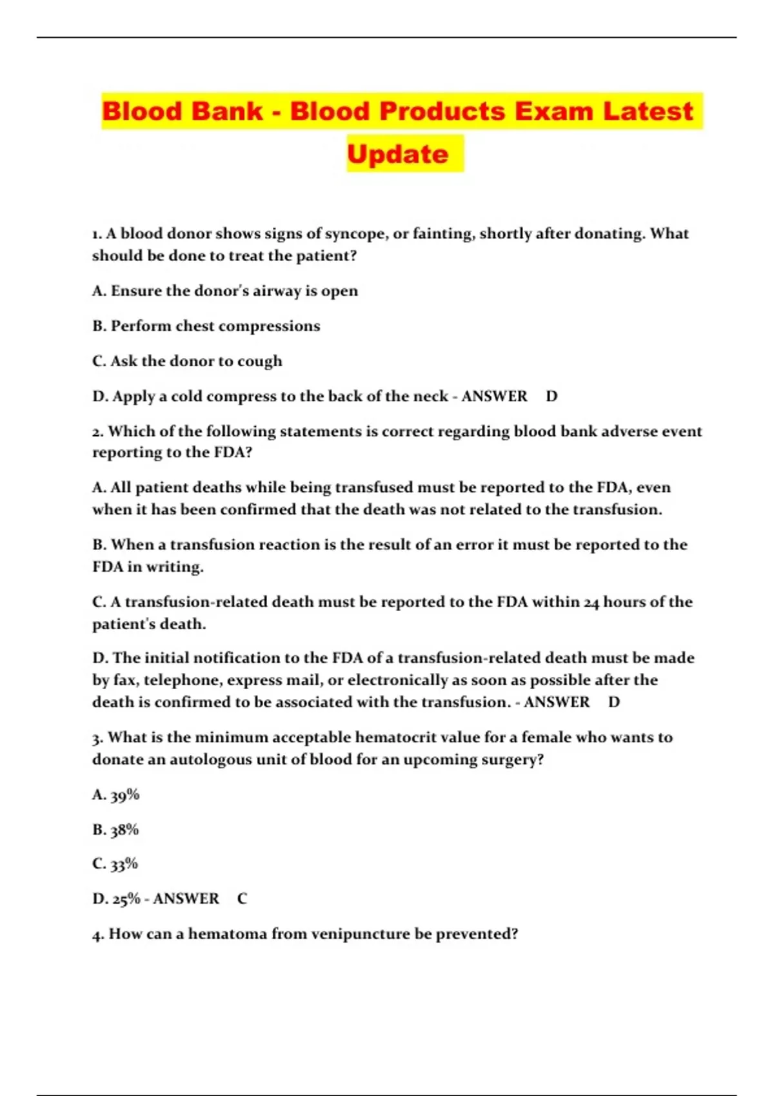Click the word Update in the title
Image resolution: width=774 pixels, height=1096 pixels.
397,153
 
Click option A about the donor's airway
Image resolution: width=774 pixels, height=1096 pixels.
224,291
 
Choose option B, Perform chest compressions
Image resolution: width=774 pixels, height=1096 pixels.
206,326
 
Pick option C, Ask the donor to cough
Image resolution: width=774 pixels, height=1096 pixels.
187,361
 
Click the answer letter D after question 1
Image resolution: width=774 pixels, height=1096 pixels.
551,396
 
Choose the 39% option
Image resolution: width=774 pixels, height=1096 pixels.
124,795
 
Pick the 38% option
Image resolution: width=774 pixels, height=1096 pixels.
124,830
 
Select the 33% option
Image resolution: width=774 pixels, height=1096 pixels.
124,864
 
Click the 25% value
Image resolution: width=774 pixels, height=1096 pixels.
126,899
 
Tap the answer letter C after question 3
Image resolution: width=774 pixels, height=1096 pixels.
242,899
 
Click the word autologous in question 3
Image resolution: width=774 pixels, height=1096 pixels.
210,759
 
